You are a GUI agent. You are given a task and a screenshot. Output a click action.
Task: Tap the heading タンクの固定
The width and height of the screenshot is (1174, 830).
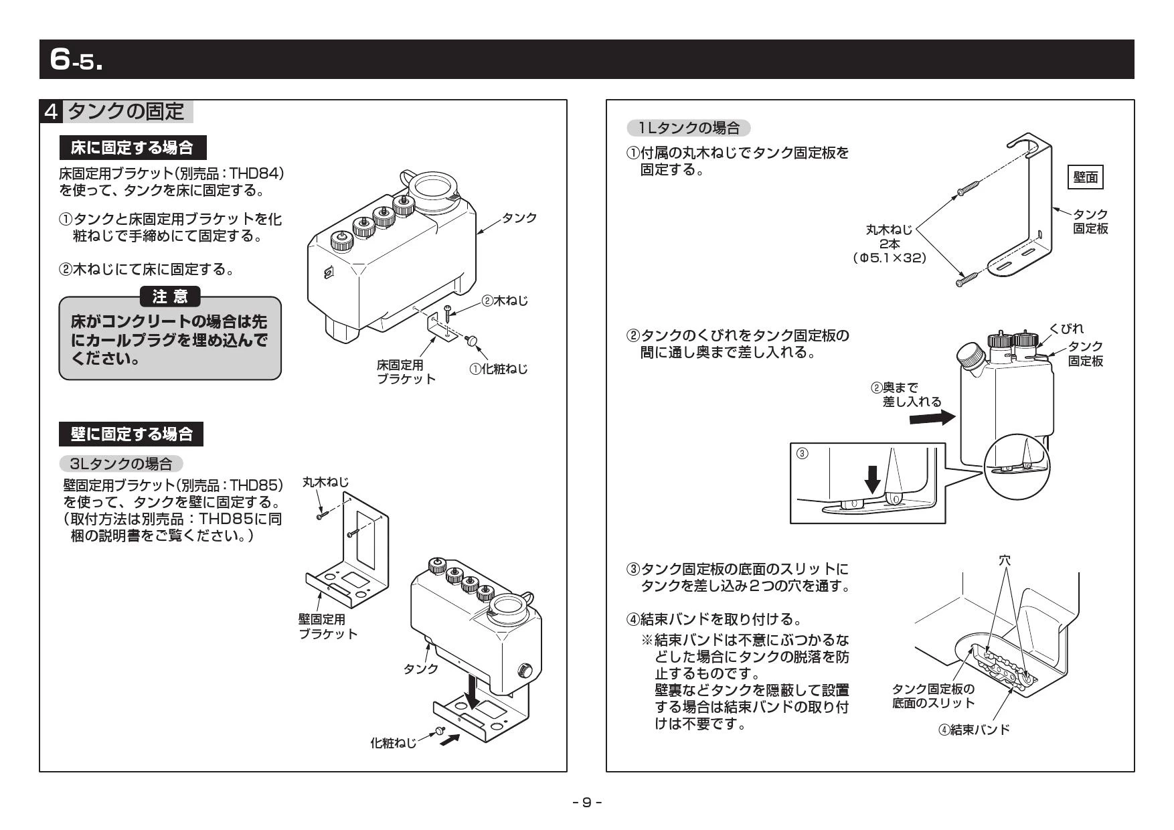coord(126,111)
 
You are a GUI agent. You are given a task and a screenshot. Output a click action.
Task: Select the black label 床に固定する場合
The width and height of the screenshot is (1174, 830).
coord(133,147)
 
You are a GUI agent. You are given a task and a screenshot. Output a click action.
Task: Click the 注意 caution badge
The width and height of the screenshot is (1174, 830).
coord(170,296)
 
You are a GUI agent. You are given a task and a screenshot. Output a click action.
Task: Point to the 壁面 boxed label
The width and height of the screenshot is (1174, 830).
coord(1088,177)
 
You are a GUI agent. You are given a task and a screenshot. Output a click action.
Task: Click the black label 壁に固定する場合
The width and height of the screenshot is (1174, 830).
coord(131,434)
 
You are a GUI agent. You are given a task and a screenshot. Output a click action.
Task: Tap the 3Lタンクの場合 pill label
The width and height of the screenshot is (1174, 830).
coord(121,463)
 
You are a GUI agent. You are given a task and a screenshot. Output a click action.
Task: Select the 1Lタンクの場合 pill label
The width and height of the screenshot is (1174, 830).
coord(689,128)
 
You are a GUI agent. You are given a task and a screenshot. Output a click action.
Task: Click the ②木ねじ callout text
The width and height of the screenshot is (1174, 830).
coord(505,302)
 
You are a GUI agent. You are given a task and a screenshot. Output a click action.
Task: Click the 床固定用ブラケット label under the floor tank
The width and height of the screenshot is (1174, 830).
coord(406,371)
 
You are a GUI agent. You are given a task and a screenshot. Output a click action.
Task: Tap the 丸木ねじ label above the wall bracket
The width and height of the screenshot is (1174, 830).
coord(325,483)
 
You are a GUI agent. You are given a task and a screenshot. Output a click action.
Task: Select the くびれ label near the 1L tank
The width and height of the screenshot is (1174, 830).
coord(1067,329)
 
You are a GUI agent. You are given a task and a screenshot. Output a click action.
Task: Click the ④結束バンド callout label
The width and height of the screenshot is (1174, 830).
coord(974,729)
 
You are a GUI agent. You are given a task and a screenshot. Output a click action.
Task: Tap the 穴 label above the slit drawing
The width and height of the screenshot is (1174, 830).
coord(1004,560)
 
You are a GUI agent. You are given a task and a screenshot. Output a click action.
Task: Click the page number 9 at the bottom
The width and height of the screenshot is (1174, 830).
coord(587,803)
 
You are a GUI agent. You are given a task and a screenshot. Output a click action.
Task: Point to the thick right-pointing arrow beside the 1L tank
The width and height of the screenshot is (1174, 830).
coord(932,418)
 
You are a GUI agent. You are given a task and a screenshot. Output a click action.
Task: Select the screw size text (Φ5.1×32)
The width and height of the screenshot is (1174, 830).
coord(889,258)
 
